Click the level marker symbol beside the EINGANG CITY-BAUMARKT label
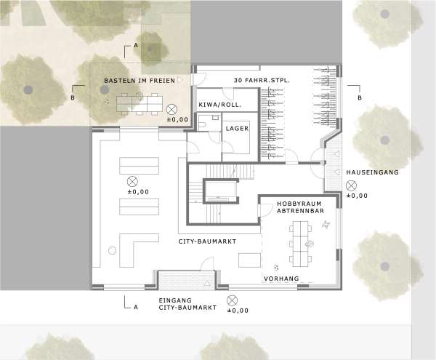(x=232, y=300)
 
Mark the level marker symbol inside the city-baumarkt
(x=133, y=181)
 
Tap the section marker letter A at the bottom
(x=135, y=306)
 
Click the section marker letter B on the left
(x=73, y=97)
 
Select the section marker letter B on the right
(x=358, y=97)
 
